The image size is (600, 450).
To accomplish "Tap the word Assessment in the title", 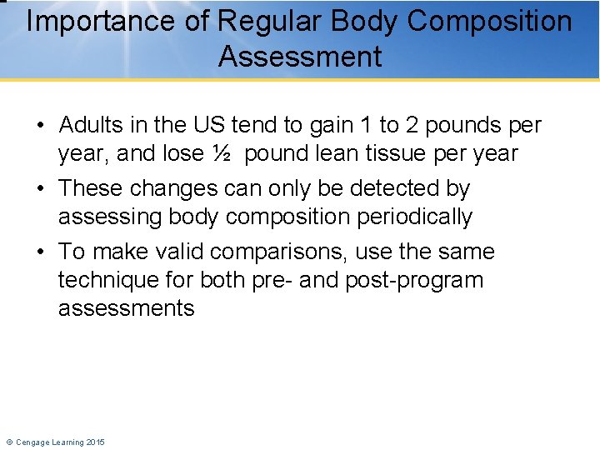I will click(300, 57).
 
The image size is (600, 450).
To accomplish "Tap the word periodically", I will click(414, 217).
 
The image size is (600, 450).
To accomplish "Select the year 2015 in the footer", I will click(96, 442).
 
